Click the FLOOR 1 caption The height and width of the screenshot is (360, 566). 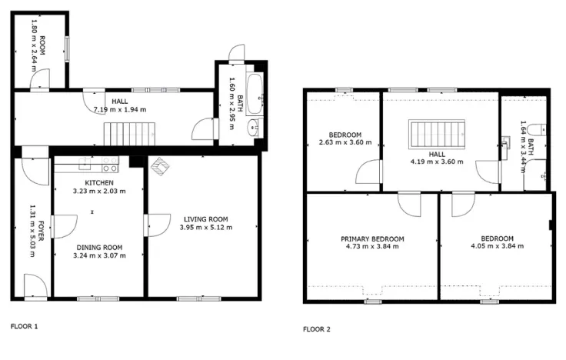[x=24, y=326]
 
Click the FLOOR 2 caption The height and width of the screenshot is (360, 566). [x=316, y=329]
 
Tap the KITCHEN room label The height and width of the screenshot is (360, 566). [x=99, y=182]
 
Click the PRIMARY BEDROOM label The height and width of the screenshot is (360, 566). [x=372, y=238]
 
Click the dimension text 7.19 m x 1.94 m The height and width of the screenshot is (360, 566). [x=119, y=109]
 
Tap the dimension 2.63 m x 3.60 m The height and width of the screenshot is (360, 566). [x=345, y=142]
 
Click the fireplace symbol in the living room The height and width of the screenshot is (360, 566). [x=161, y=166]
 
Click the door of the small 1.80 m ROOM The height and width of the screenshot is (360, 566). [x=41, y=78]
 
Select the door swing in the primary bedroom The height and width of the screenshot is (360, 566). [x=408, y=205]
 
